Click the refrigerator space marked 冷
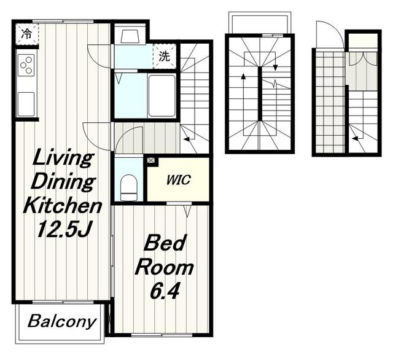[27, 34]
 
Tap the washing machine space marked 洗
[165, 57]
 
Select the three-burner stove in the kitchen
[26, 65]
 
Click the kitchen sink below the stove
[26, 104]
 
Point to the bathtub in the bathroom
[161, 96]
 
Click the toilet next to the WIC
[129, 187]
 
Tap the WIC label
[179, 180]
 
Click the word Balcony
[62, 322]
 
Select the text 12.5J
[63, 229]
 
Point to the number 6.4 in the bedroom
[165, 291]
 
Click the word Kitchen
[63, 205]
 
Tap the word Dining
[63, 182]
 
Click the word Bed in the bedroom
[165, 243]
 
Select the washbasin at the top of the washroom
[130, 37]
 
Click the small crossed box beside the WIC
[151, 160]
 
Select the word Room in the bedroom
[165, 268]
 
